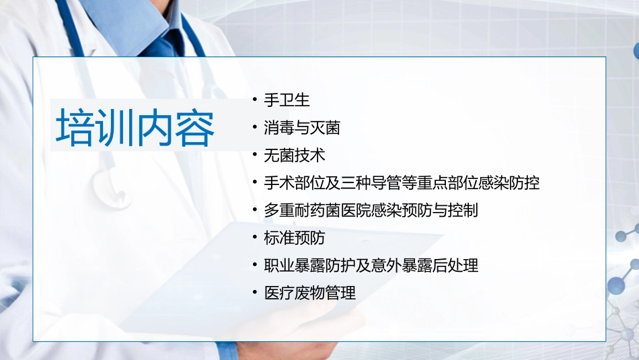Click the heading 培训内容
(x=135, y=127)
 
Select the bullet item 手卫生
(x=287, y=101)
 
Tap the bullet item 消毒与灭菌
(x=302, y=129)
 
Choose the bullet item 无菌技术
(x=295, y=155)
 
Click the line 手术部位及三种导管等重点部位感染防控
(x=402, y=183)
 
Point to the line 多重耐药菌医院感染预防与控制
(x=371, y=211)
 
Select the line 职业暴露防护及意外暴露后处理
(x=371, y=266)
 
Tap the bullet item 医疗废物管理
(x=310, y=293)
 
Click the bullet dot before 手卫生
(x=254, y=100)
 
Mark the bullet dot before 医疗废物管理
(x=254, y=293)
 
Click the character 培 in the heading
(x=75, y=127)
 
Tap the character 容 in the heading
(x=195, y=127)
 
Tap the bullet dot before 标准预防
(x=254, y=238)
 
